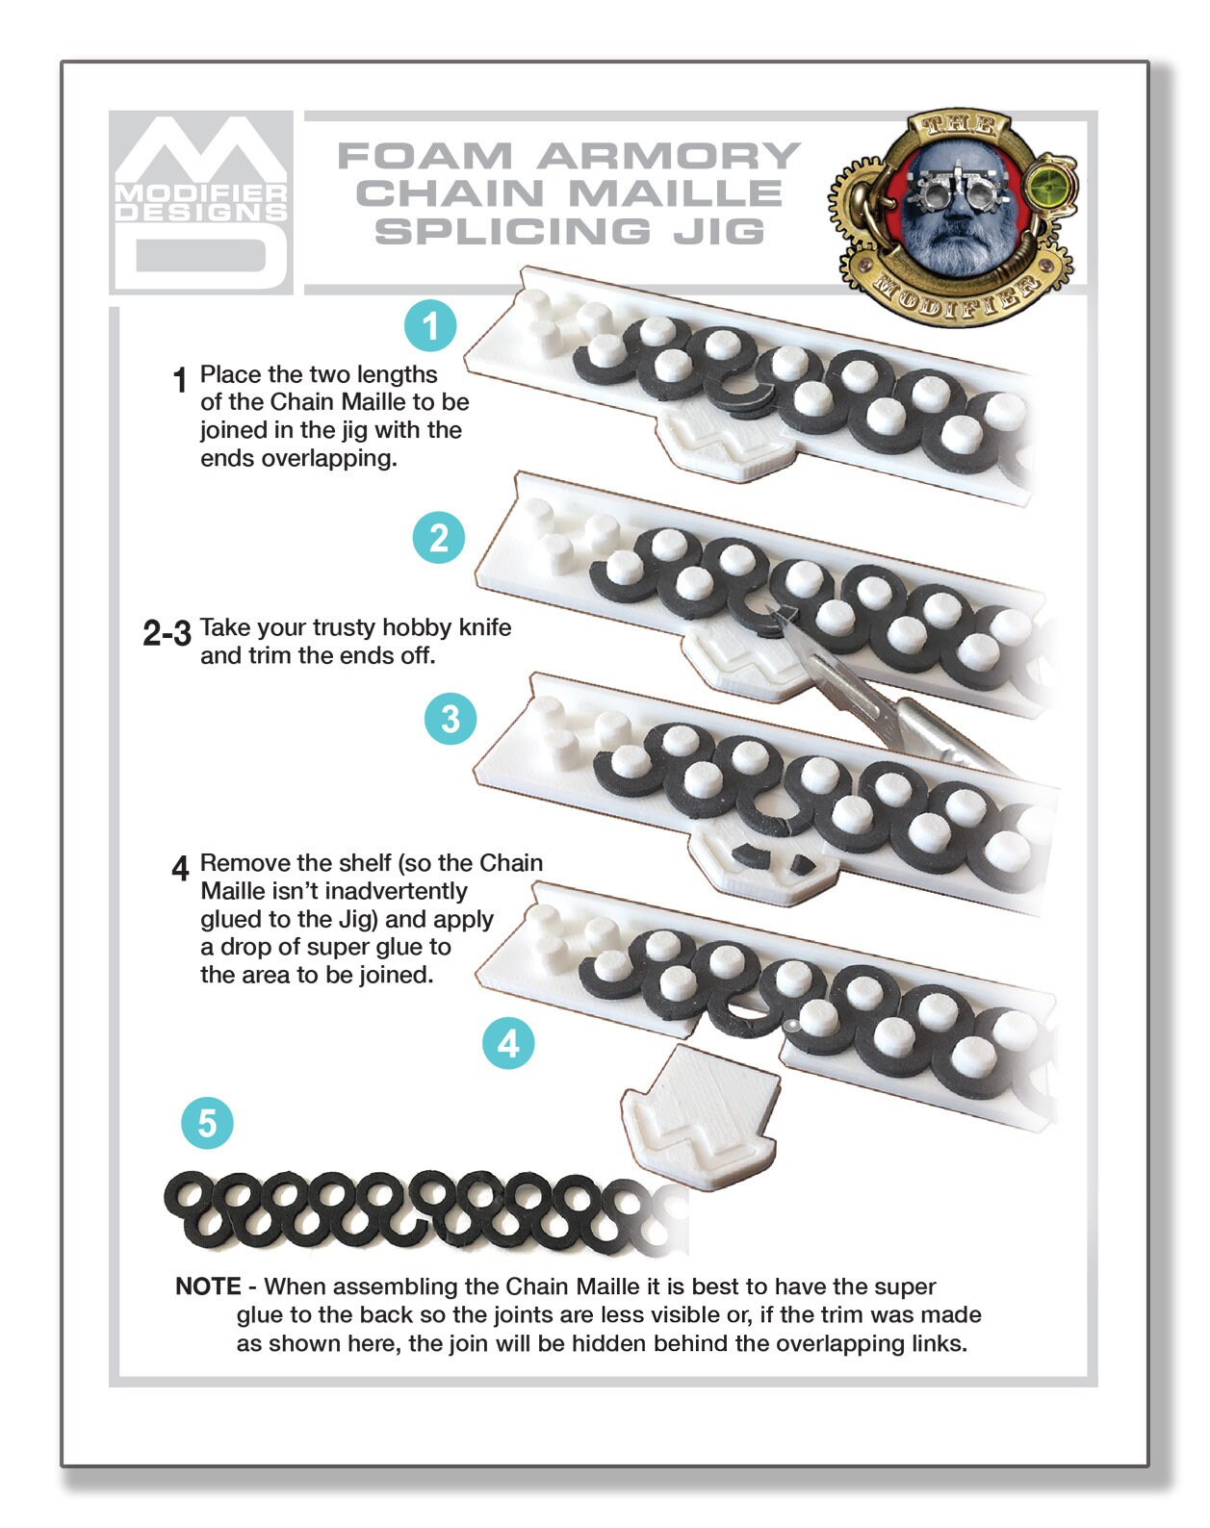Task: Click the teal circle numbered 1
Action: pyautogui.click(x=430, y=326)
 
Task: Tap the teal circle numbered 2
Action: pyautogui.click(x=438, y=538)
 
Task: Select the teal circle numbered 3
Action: pyautogui.click(x=450, y=719)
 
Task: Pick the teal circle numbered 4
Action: pyautogui.click(x=508, y=1043)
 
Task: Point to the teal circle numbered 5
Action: pyautogui.click(x=207, y=1123)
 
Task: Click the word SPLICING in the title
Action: pyautogui.click(x=511, y=232)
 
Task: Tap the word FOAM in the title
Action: pyautogui.click(x=425, y=156)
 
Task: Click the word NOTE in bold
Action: pyautogui.click(x=208, y=1286)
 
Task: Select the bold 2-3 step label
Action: pyautogui.click(x=167, y=632)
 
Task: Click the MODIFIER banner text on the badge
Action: pyautogui.click(x=958, y=293)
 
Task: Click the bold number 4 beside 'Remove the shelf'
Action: pyautogui.click(x=180, y=868)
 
